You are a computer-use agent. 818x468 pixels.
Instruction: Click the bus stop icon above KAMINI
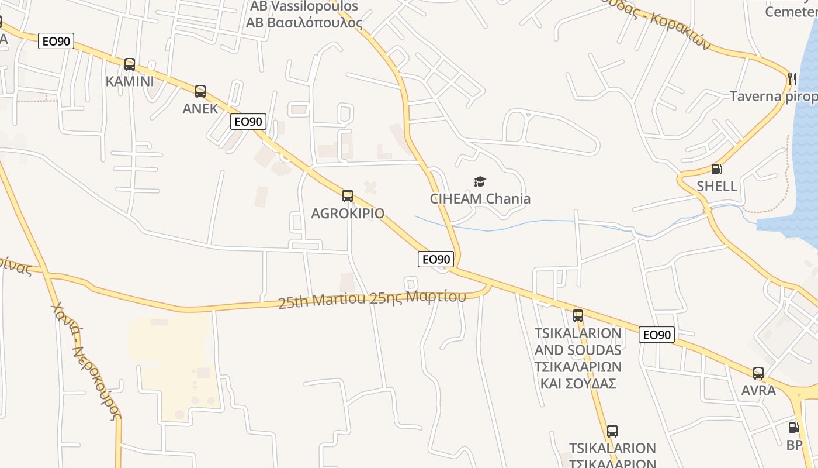[130, 64]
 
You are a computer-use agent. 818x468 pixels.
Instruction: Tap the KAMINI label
[130, 81]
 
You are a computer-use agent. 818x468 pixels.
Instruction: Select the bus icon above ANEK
[200, 91]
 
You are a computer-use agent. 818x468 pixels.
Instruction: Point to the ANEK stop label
[200, 108]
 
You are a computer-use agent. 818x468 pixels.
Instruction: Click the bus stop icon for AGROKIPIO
[348, 196]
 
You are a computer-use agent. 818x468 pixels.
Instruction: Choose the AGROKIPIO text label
[348, 213]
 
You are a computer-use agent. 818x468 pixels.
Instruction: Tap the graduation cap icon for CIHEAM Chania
[480, 182]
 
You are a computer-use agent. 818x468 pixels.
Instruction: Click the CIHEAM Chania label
[480, 199]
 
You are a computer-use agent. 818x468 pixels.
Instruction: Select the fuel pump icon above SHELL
[716, 169]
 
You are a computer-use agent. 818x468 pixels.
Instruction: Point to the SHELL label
[716, 186]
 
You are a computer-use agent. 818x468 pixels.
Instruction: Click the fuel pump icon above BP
[793, 428]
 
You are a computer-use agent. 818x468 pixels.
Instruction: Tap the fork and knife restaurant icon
[792, 78]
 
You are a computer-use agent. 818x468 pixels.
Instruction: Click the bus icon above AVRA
[758, 373]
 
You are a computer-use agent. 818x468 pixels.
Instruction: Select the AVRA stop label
[758, 390]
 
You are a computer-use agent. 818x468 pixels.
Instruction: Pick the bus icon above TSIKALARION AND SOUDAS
[578, 316]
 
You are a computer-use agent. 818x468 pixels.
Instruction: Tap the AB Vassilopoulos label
[304, 15]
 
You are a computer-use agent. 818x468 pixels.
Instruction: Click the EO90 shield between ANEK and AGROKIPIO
[248, 122]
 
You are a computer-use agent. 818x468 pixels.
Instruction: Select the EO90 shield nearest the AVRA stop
[657, 335]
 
